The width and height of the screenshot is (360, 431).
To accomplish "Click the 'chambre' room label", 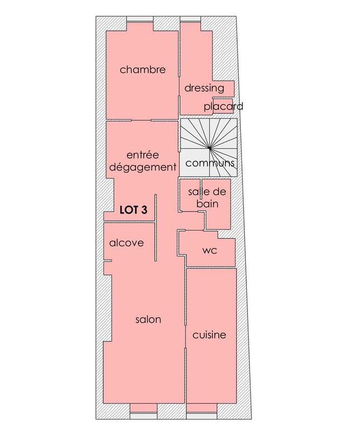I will (142, 69).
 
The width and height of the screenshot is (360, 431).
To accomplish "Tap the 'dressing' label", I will (204, 88).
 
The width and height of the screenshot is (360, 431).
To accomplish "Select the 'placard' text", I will (223, 106).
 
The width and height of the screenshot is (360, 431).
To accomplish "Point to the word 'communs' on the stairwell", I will (210, 163).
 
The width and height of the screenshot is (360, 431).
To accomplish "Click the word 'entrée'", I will (142, 155).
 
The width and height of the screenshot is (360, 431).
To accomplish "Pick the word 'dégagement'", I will (142, 167).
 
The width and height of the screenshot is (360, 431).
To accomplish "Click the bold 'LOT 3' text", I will (133, 210).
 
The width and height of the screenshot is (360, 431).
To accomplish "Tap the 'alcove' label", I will (127, 243).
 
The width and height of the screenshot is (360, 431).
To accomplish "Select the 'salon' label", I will (148, 319).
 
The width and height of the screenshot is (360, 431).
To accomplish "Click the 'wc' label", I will (209, 251).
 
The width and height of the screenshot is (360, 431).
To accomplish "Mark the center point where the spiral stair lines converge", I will (209, 148).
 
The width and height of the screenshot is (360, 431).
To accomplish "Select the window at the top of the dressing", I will (189, 22).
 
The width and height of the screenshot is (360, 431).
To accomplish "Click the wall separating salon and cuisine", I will (185, 334).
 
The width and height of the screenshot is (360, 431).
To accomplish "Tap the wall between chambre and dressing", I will (178, 65).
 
